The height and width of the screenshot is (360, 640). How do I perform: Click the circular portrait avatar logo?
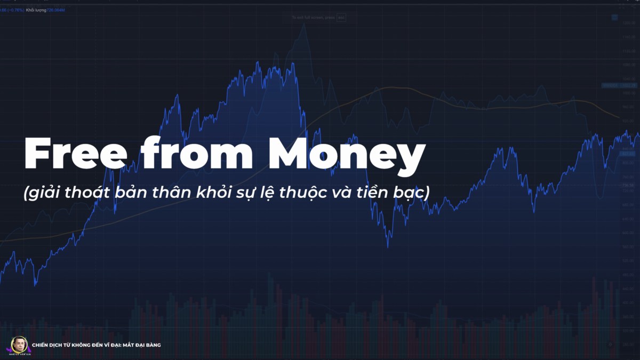19,345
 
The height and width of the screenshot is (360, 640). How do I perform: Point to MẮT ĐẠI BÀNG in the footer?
141,345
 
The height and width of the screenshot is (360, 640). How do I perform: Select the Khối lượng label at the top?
36,10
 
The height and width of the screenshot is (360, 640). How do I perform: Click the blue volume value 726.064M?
56,10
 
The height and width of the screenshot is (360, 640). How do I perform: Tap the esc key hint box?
341,18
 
